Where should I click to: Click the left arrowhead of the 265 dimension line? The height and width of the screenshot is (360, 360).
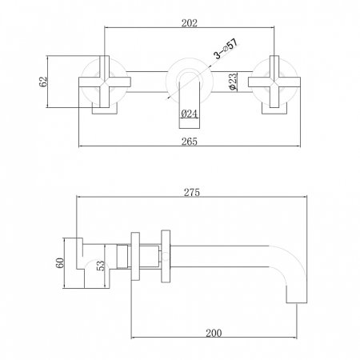(81, 146)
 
